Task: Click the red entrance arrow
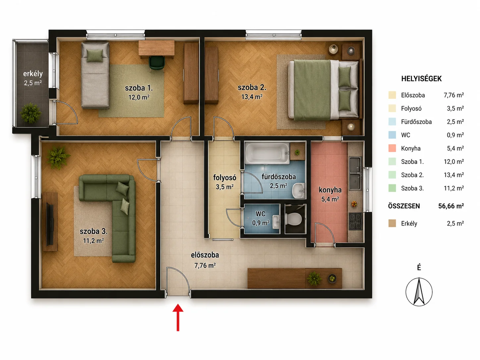pos(178,317)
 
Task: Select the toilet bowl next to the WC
pos(294,219)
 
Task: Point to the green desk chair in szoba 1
pos(157,63)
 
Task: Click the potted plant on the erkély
pos(30,113)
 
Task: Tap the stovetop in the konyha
pos(355,221)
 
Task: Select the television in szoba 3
pos(50,224)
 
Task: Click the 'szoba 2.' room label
pos(252,88)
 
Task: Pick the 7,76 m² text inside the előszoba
pos(205,265)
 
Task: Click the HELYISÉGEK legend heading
pos(421,79)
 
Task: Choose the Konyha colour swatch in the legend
pos(392,148)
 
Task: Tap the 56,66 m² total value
pos(451,206)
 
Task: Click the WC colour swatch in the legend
pos(392,135)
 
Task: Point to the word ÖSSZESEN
pos(404,206)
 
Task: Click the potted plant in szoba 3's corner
pos(58,157)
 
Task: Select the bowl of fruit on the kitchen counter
pos(354,204)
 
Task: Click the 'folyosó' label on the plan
pos(224,177)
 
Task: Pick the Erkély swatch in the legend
pos(392,223)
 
